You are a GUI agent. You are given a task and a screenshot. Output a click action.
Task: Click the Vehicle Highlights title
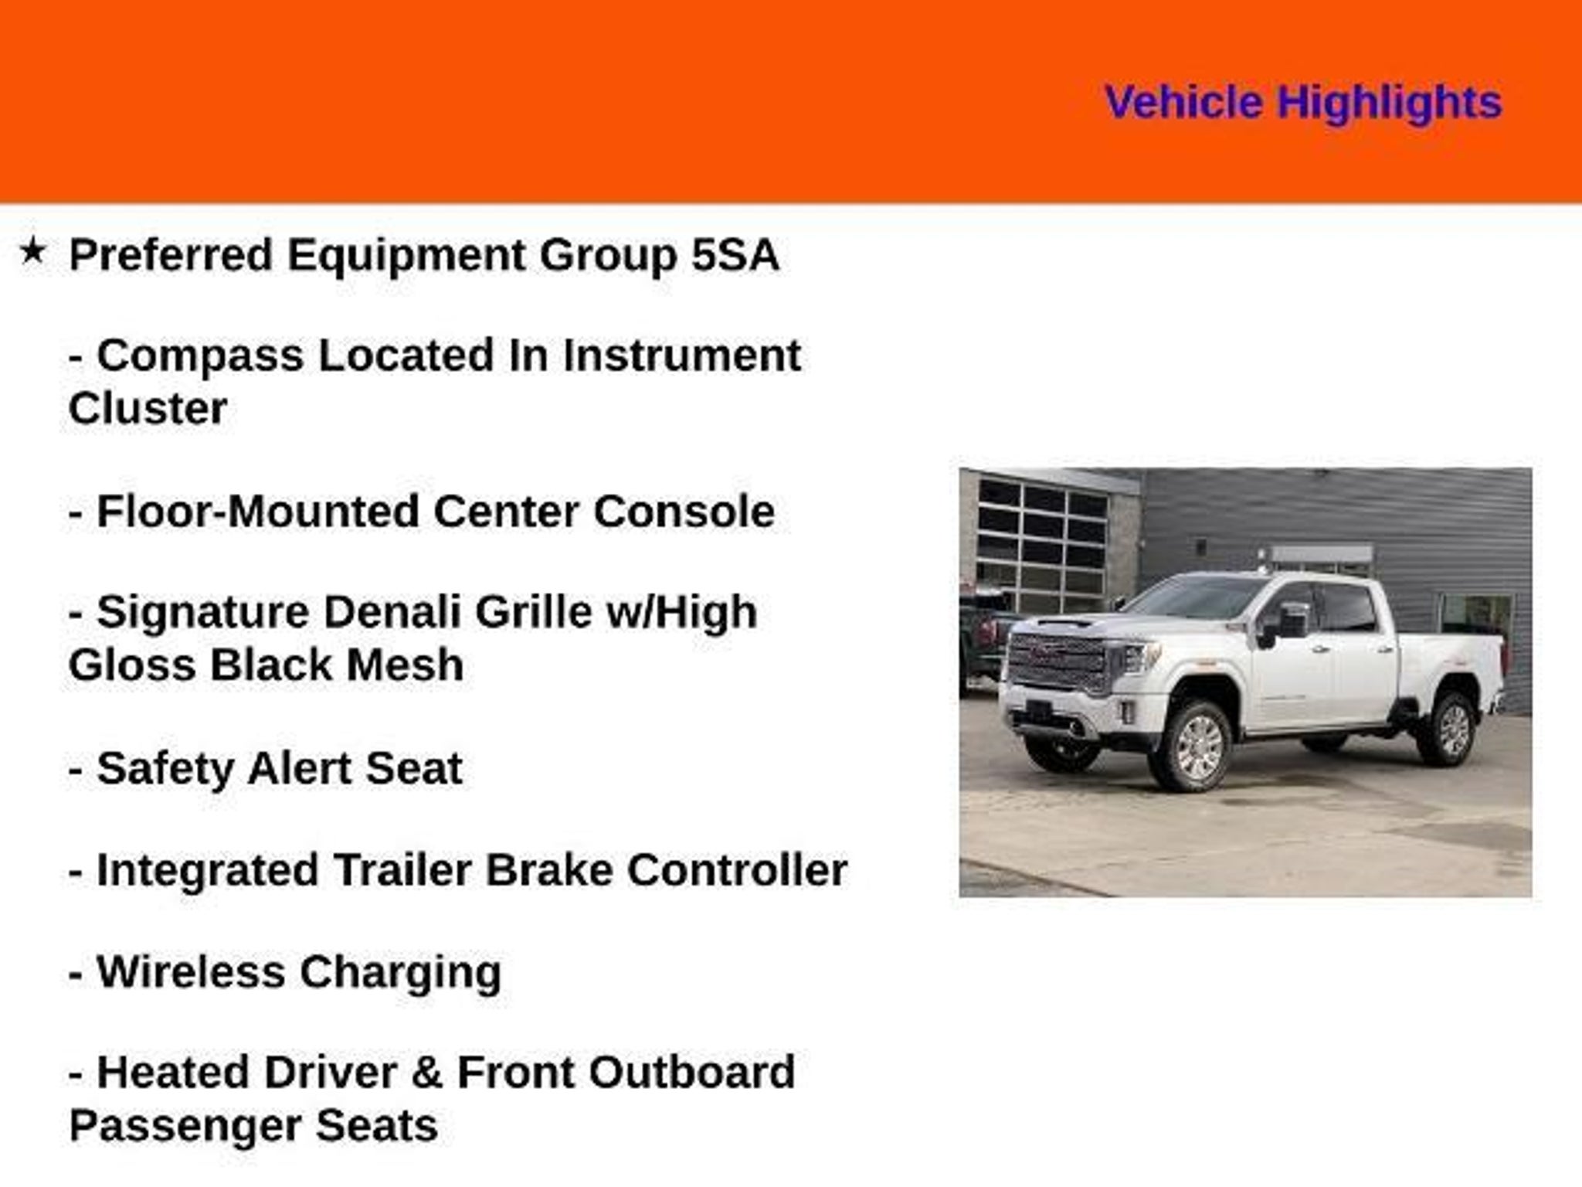pyautogui.click(x=1303, y=103)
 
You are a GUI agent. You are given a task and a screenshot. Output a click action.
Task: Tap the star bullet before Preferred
pyautogui.click(x=32, y=251)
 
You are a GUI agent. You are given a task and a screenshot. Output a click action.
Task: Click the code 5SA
pyautogui.click(x=735, y=255)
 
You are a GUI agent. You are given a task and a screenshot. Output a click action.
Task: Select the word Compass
pyautogui.click(x=200, y=357)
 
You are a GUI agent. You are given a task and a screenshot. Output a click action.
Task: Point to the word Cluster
pyautogui.click(x=148, y=409)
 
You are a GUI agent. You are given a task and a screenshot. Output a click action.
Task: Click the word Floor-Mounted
pyautogui.click(x=257, y=512)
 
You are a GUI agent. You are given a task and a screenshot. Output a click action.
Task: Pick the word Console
pyautogui.click(x=684, y=512)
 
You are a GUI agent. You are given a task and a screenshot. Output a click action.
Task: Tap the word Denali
pyautogui.click(x=392, y=613)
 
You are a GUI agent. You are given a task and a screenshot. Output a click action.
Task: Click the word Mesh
pyautogui.click(x=404, y=665)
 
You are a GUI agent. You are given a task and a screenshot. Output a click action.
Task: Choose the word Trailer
pyautogui.click(x=402, y=870)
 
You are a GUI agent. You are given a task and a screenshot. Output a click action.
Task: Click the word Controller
pyautogui.click(x=737, y=870)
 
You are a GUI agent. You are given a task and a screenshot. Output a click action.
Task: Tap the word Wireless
pyautogui.click(x=191, y=972)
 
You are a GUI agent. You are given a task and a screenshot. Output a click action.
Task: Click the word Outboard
pyautogui.click(x=691, y=1073)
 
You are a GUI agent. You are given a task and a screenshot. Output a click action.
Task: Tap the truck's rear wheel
pyautogui.click(x=1448, y=729)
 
